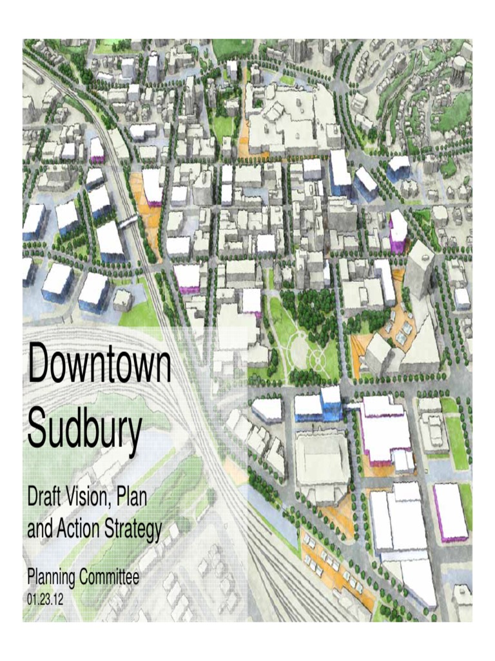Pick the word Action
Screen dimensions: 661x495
click(x=79, y=529)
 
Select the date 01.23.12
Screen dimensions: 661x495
click(x=45, y=599)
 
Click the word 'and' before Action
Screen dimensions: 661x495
click(x=38, y=529)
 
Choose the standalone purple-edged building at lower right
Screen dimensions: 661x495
click(x=451, y=512)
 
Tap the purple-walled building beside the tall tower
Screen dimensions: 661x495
click(x=398, y=231)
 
